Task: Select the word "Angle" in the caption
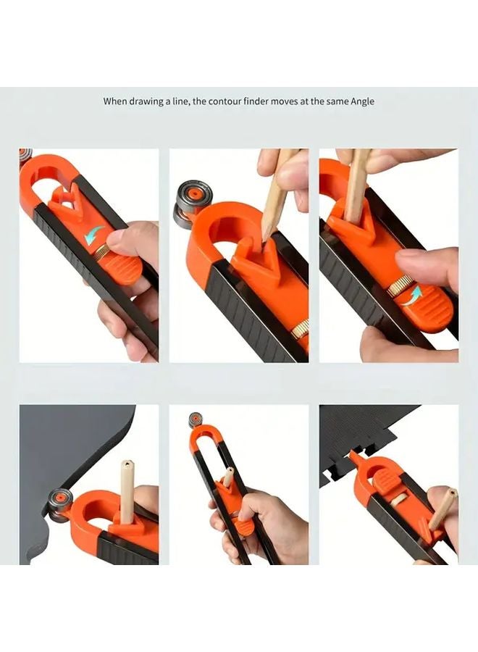click(362, 101)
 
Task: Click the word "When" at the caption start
click(117, 101)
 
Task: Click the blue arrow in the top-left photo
click(94, 235)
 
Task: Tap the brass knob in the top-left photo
click(102, 251)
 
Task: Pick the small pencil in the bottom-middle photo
click(227, 476)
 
